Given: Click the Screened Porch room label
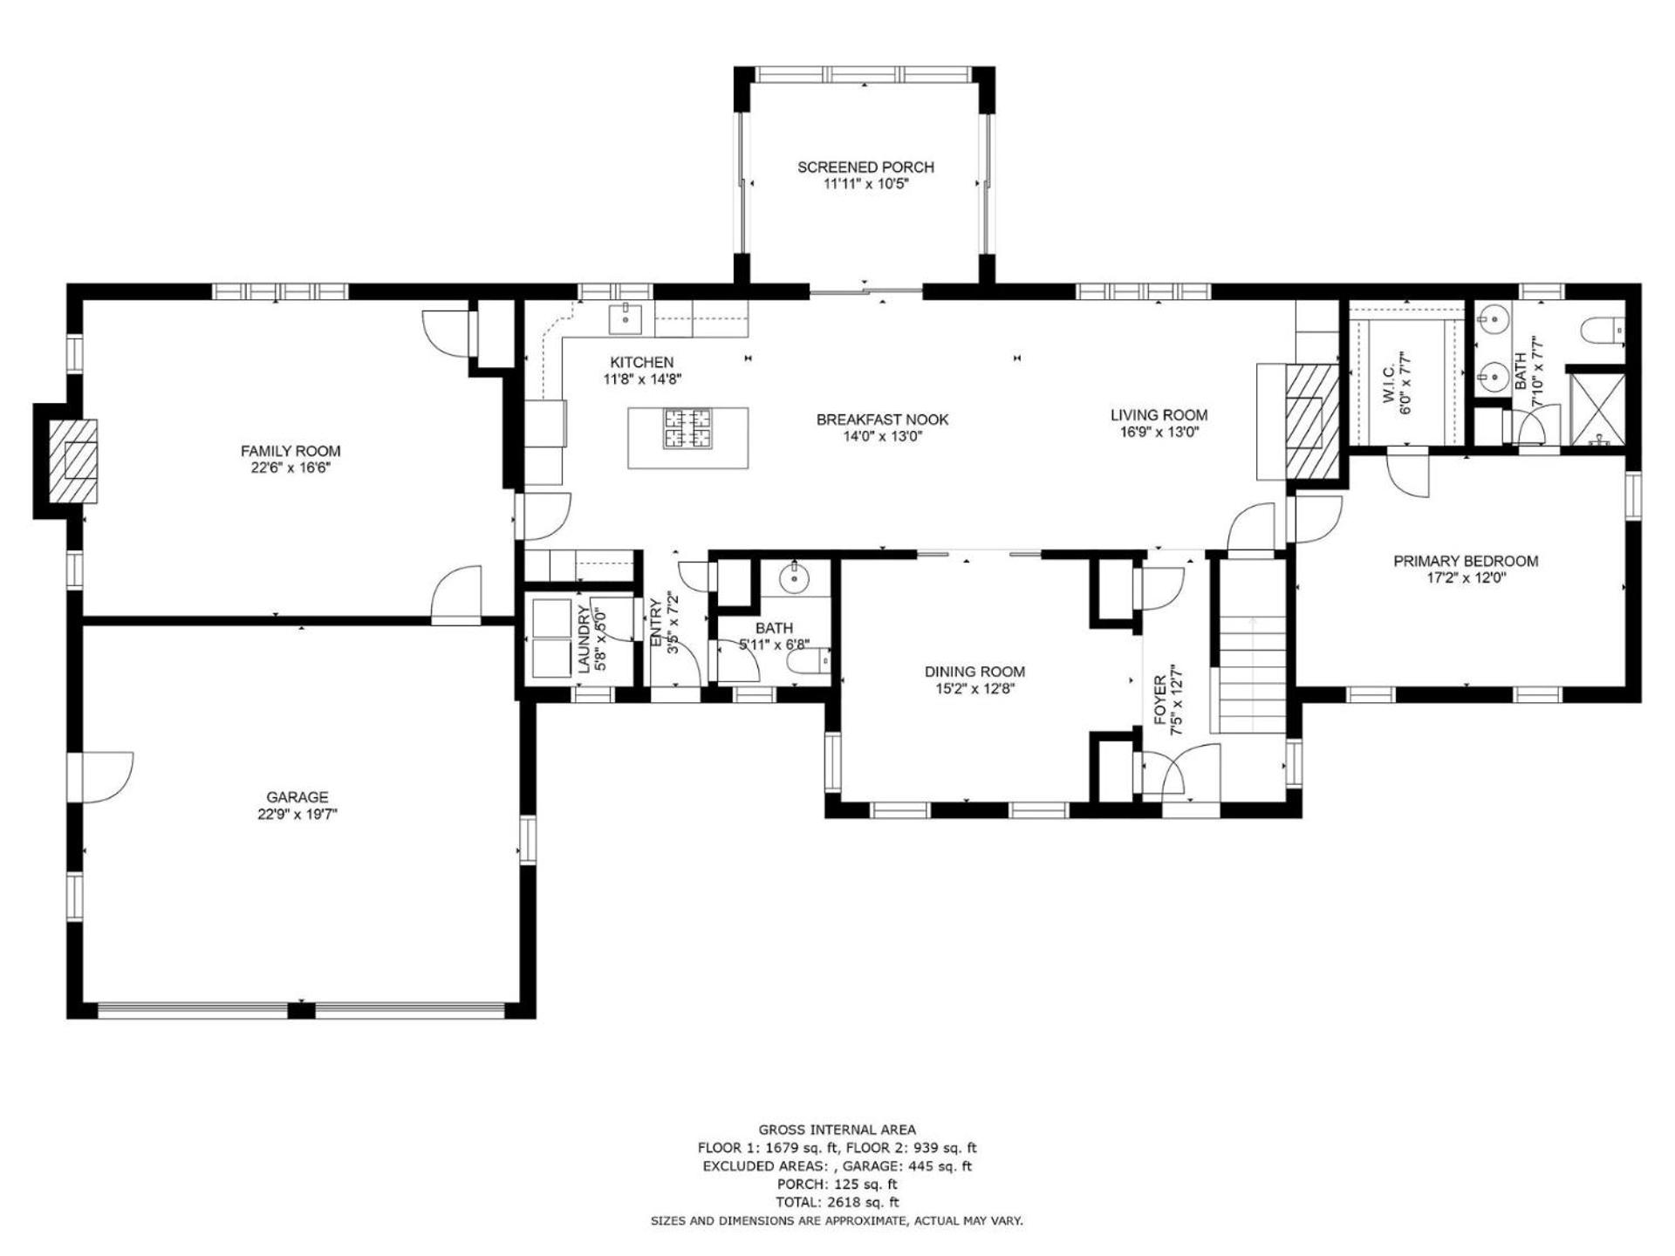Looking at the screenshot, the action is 865,167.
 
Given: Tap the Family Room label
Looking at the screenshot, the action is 291,451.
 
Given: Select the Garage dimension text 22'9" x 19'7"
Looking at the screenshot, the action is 297,814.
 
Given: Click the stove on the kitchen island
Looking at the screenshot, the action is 687,428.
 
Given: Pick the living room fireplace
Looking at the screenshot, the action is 1313,421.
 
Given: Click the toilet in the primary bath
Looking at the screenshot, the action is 1603,331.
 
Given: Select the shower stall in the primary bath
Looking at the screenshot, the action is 1596,409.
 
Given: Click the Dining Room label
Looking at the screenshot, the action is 974,672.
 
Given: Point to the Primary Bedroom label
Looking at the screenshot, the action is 1466,561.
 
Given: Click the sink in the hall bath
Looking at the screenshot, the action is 796,577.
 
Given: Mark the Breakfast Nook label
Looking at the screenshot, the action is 882,420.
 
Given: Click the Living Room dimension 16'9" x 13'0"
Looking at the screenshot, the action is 1159,433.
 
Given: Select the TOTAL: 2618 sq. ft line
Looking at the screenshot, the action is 837,1202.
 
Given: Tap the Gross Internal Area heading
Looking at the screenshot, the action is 837,1130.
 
